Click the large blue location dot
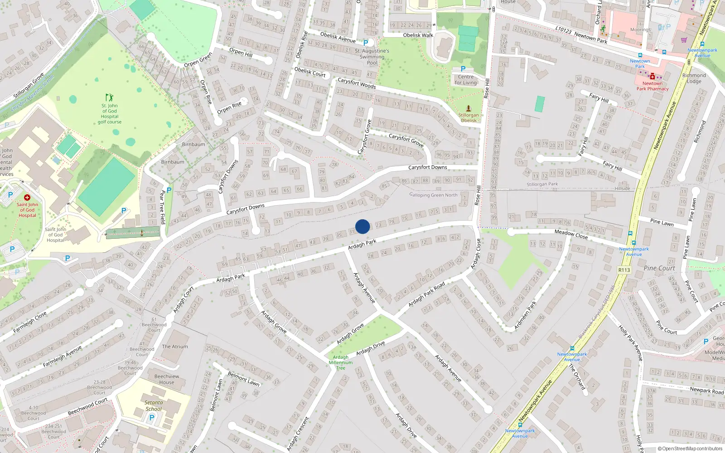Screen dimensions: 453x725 point(362,226)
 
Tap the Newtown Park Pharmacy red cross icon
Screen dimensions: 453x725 point(652,76)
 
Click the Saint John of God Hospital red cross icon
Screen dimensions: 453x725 point(27,198)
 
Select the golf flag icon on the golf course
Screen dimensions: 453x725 point(109,97)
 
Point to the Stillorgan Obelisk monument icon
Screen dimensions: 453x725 point(469,108)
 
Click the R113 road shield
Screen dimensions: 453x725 point(624,270)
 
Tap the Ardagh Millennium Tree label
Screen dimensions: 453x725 point(341,362)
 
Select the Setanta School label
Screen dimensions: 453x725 point(154,405)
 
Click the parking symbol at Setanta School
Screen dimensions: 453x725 point(152,417)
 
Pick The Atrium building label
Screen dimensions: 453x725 point(175,347)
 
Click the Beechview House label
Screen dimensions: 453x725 point(167,379)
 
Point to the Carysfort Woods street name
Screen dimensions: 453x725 point(357,83)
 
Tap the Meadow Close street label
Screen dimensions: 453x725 point(571,234)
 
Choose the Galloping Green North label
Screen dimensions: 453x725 point(434,195)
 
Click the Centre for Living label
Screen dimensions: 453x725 point(466,80)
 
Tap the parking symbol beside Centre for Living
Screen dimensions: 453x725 point(463,69)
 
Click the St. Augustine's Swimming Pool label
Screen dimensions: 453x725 point(372,57)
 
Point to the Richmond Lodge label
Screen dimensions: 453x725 point(694,78)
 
